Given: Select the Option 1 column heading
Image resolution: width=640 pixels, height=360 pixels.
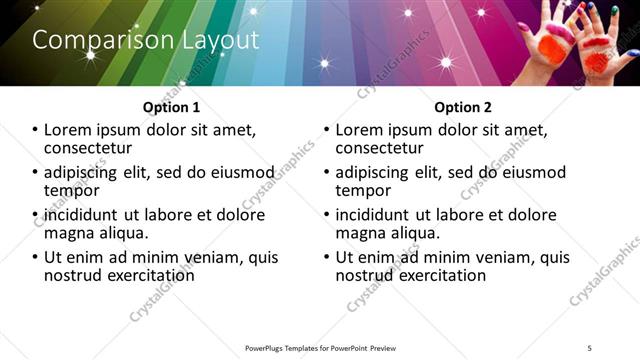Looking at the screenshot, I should pos(172,107).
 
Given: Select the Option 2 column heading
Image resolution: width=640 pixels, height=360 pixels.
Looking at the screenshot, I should pos(463,107).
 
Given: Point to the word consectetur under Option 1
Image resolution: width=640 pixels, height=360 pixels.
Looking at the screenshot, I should pos(87,148).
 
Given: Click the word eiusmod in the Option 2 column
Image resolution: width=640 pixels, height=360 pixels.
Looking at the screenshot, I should pos(527,172).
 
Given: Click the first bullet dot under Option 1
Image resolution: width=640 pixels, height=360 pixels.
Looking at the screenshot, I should pos(36,130).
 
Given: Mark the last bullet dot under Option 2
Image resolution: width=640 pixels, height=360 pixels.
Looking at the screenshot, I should pos(328,257).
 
